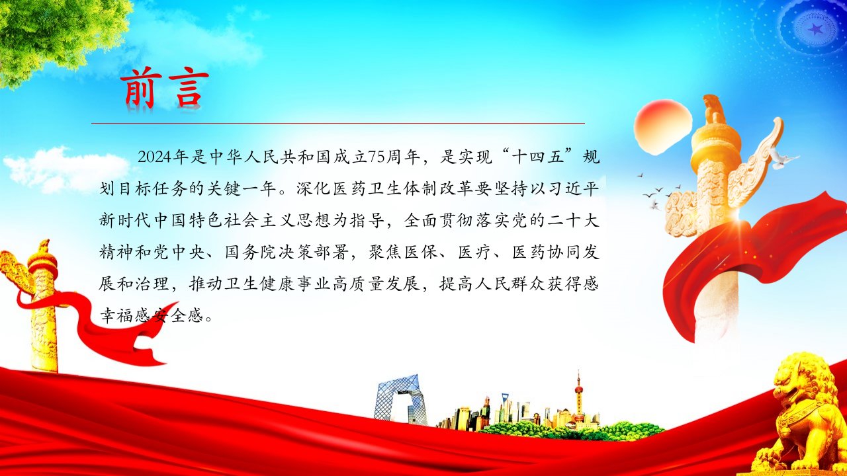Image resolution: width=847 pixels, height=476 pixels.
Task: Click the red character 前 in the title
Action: click(138, 88)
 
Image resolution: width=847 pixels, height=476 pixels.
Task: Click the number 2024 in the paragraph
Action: click(155, 157)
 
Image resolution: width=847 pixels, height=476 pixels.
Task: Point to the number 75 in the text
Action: click(377, 157)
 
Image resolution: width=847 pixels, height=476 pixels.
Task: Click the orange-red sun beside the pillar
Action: click(662, 126)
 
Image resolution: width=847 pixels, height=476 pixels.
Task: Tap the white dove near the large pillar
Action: click(783, 158)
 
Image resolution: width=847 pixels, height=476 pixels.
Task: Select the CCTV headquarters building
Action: click(400, 400)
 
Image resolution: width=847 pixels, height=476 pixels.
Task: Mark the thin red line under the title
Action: click(338, 123)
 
